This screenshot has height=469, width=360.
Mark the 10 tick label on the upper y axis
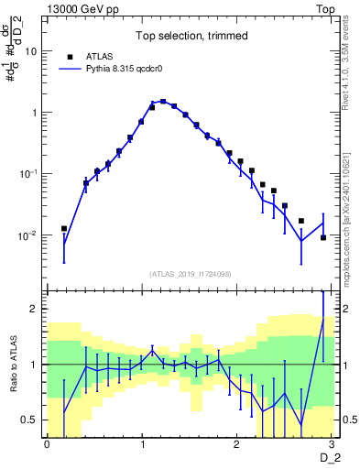click(x=31, y=51)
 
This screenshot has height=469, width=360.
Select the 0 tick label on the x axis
click(x=47, y=444)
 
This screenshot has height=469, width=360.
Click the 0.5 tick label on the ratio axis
click(x=30, y=420)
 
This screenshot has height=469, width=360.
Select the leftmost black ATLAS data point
click(x=64, y=228)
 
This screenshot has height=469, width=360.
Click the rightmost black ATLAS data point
click(x=323, y=237)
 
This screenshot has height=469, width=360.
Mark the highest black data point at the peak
click(x=163, y=102)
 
